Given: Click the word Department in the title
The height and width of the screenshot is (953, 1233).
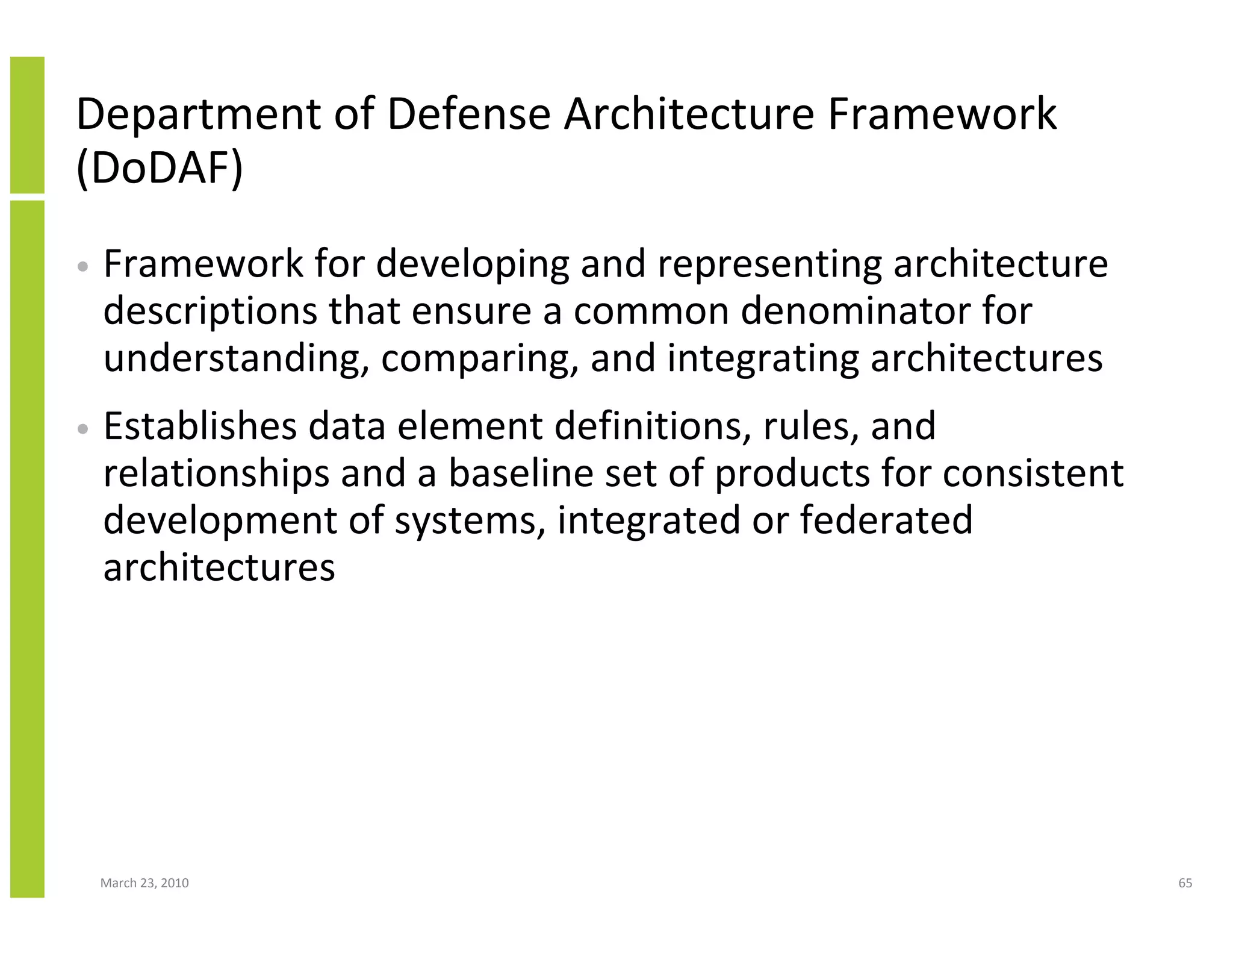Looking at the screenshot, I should coord(199,114).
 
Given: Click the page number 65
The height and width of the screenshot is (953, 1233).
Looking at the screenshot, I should coord(1185,883).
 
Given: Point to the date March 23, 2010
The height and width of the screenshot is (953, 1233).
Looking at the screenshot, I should coord(144,883).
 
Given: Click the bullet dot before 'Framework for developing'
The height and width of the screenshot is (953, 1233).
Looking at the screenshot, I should coord(84,267).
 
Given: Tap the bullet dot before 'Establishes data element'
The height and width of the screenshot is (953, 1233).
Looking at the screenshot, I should coord(84,429).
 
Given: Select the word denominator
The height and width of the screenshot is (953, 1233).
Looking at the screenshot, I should coord(855,311).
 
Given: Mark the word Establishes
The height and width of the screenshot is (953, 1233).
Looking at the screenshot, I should coord(200,426).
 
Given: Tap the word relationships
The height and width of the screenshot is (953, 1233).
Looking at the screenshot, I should coord(216,473).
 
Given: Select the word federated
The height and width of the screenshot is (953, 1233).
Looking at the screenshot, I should coord(886,520).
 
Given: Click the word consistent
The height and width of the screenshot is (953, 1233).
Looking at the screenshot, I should coord(1033,473).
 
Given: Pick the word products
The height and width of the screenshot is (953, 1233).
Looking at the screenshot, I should coord(792,473).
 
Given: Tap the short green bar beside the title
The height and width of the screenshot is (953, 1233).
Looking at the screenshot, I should coord(27,125).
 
